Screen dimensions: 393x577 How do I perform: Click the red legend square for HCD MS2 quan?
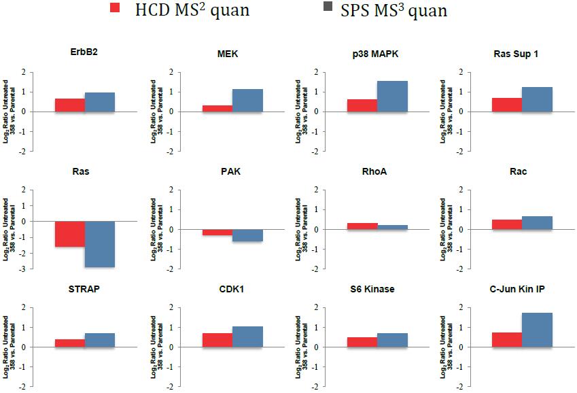coord(116,8)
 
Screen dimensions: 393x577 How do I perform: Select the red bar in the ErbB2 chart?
coord(70,105)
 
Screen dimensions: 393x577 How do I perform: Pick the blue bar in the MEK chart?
coord(247,100)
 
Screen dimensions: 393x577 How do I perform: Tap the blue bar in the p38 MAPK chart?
coord(392,96)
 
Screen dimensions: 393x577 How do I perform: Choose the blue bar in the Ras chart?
coord(100,243)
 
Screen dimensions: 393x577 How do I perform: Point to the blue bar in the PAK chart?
coord(247,235)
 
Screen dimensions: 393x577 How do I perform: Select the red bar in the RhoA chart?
coord(362,226)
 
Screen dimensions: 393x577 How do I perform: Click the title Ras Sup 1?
coord(517,54)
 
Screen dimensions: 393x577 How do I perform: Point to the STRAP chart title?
coord(84,289)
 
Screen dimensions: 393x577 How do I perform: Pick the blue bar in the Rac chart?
coord(537,222)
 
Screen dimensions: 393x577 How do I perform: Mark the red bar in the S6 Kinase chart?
coord(362,342)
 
